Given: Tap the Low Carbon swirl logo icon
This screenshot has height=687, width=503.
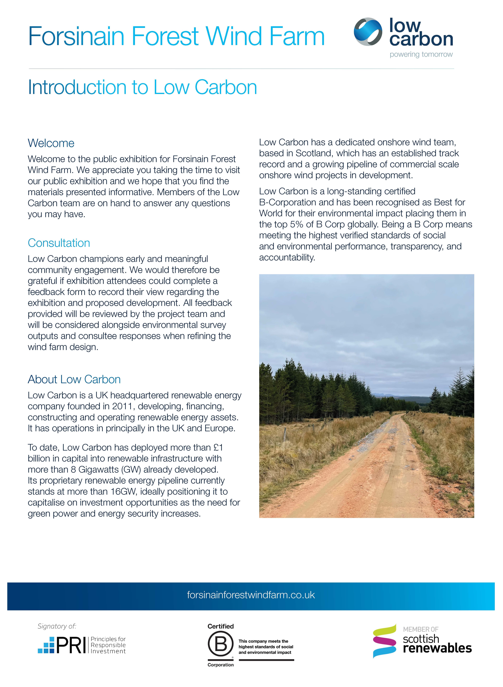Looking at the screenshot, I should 368,32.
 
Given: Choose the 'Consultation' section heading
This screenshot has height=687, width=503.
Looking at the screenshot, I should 59,243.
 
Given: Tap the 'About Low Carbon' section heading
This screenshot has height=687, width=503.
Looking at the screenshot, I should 74,379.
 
